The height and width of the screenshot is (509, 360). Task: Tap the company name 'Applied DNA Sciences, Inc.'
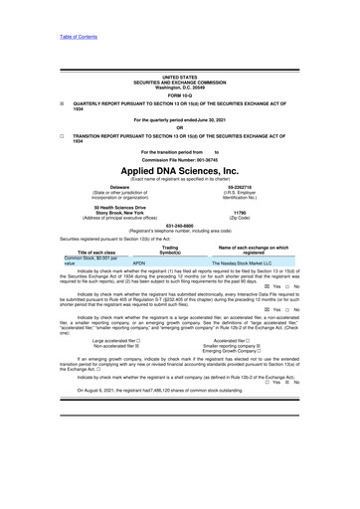tap(180, 171)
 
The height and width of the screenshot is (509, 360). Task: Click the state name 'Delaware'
tap(119, 185)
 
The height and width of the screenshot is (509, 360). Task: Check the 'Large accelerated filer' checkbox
tap(138, 339)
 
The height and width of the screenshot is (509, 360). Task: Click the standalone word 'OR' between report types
tap(180, 126)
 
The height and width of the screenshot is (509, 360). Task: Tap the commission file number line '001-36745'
tap(180, 160)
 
